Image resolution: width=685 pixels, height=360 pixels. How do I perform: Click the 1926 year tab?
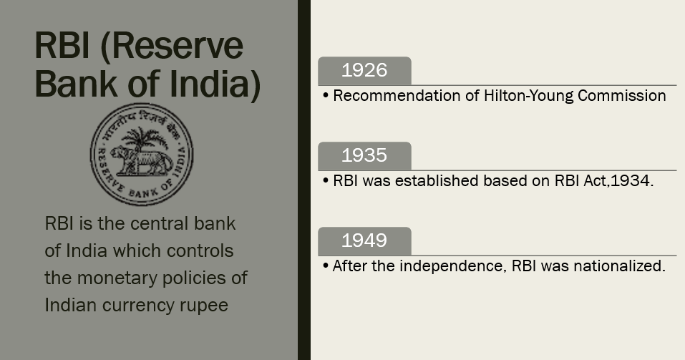[364, 71]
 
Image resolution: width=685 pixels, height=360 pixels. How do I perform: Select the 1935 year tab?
[364, 156]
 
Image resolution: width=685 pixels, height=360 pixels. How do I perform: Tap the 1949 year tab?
[364, 241]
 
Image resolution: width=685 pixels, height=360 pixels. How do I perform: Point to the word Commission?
[622, 96]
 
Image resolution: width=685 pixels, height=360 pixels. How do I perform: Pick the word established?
[437, 181]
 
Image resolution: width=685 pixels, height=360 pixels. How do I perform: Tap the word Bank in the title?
[76, 84]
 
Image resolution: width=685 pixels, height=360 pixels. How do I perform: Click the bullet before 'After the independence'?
[326, 266]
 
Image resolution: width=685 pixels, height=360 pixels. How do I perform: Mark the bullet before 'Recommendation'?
[326, 96]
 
